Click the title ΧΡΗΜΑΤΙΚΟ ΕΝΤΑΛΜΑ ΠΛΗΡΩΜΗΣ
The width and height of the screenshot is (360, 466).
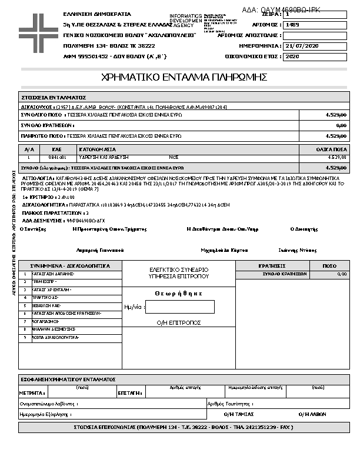click(x=185, y=77)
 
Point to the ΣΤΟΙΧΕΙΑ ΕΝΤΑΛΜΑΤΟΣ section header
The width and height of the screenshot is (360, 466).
click(x=54, y=97)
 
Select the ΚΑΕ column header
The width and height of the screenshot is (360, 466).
click(x=57, y=149)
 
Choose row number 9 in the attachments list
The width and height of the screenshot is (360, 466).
click(x=25, y=338)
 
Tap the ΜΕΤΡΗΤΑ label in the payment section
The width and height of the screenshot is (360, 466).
click(x=32, y=392)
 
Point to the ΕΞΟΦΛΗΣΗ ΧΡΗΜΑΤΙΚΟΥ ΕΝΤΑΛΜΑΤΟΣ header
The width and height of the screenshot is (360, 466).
click(x=68, y=380)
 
